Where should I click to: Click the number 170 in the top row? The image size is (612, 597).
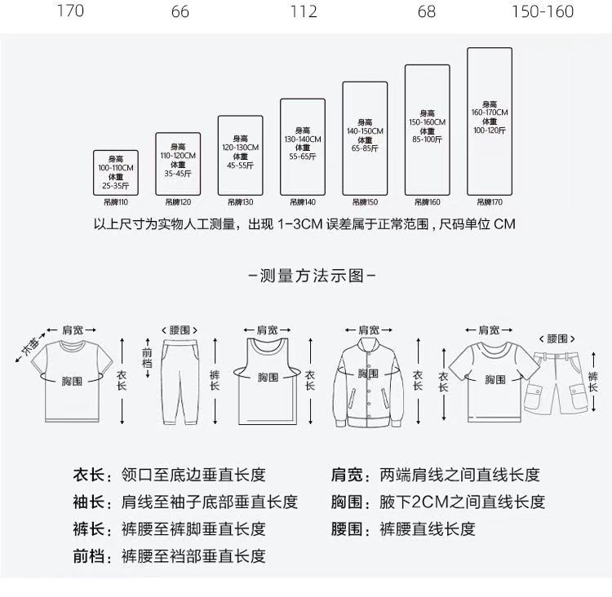70,11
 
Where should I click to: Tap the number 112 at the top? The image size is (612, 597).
304,11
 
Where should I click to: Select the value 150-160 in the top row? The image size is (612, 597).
543,11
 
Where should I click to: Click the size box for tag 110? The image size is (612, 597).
115,172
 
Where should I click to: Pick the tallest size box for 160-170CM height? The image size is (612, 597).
489,121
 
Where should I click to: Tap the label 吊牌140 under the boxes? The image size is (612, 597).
304,202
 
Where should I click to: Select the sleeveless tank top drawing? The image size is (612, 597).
267,380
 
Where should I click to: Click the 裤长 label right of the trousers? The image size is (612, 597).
215,379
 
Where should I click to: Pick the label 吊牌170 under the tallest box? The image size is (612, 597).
489,202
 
